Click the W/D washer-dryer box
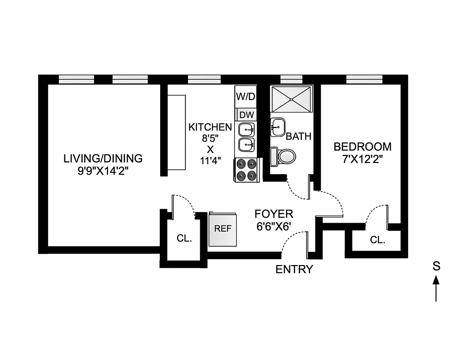tap(246, 96)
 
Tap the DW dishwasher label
tap(246, 115)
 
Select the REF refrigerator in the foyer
tap(223, 229)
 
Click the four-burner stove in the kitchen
tap(246, 170)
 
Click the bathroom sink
tap(278, 127)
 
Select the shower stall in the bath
tap(292, 99)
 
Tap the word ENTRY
tap(294, 270)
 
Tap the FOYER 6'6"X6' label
tap(274, 220)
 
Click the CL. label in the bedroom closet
tap(378, 240)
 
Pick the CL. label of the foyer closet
tap(184, 238)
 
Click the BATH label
tap(298, 136)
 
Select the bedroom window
tap(364, 79)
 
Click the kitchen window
tap(204, 79)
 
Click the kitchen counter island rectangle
tap(177, 132)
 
